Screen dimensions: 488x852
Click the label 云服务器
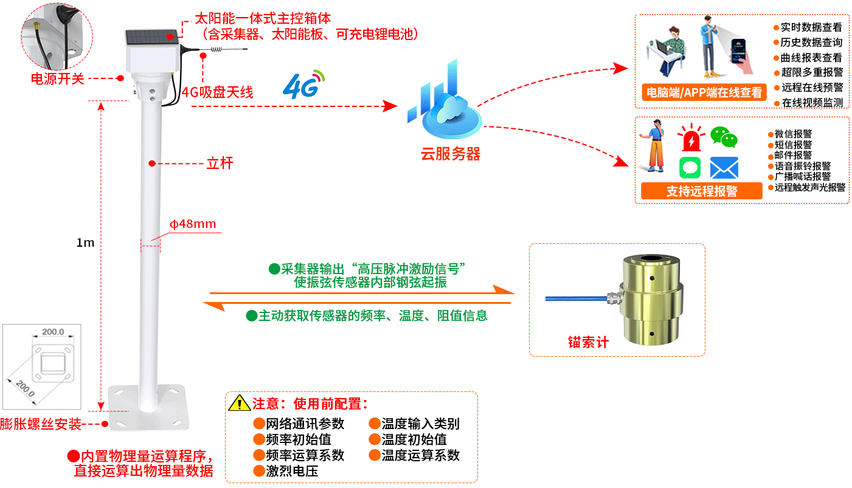450,154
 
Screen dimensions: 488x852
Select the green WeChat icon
724,137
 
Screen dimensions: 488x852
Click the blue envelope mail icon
724,168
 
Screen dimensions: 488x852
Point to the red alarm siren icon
691,139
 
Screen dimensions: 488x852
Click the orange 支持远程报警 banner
701,191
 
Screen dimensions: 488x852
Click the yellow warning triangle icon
239,403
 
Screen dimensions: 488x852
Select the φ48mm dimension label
193,224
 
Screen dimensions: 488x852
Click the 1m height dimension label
85,242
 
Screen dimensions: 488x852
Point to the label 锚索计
588,342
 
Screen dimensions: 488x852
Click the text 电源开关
58,78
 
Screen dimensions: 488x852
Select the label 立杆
220,163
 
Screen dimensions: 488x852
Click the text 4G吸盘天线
217,92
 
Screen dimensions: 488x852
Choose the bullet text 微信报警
793,134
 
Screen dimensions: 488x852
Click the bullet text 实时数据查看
811,27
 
